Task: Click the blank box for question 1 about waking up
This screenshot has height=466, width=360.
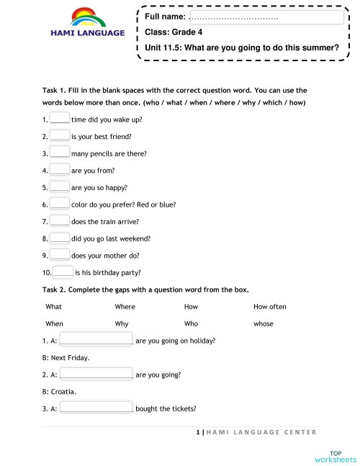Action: pos(60,118)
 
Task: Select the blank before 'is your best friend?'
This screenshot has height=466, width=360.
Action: pos(60,135)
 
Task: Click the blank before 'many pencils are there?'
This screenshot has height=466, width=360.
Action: pos(60,153)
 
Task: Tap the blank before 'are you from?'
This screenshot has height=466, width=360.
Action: pos(60,170)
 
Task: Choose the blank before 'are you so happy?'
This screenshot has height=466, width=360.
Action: pos(60,187)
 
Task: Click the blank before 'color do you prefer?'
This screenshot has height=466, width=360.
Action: pos(60,204)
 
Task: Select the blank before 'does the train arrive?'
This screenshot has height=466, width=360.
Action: pos(60,221)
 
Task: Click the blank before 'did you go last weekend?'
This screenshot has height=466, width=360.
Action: pos(60,238)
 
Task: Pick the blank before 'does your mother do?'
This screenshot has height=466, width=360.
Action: pos(60,255)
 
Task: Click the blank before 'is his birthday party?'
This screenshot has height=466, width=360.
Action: pos(63,272)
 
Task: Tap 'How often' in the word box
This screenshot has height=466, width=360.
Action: pos(270,307)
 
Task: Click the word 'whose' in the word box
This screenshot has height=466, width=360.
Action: pos(264,324)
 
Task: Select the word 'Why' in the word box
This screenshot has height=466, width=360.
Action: pos(121,324)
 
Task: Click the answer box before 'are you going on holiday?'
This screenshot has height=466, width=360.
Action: pos(96,340)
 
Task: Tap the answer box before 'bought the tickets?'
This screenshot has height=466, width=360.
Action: pos(96,408)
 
